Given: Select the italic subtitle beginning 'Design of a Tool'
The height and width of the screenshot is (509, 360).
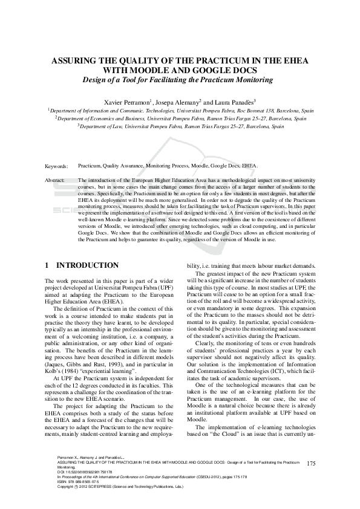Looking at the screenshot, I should (180, 80).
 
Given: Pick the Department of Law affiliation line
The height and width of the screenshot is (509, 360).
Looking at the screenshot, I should (180, 127).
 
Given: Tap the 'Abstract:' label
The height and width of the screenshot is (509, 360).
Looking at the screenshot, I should (56, 181).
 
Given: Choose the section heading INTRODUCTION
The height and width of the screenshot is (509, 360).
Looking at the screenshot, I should (87, 265).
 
